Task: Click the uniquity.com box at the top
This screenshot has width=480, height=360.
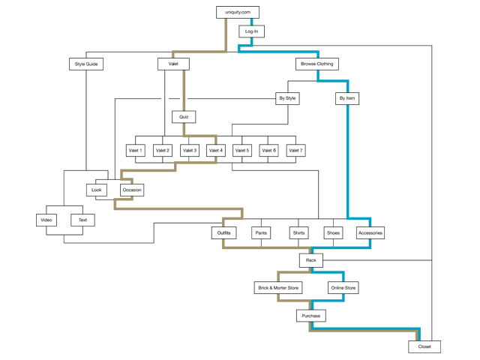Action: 238,12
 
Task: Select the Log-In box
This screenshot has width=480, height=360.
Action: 251,31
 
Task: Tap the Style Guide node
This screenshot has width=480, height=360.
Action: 86,64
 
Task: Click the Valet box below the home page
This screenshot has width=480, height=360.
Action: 173,64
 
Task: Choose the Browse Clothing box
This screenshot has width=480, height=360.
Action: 317,64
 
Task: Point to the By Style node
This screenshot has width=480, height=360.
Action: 287,98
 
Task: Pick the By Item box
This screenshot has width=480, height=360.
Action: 346,98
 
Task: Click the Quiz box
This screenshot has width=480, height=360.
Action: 184,117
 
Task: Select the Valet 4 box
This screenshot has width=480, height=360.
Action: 216,151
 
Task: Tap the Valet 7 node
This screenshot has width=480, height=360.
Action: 296,151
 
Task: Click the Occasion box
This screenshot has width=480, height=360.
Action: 131,190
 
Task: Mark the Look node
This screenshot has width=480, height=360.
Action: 97,190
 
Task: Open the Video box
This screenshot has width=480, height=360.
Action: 46,220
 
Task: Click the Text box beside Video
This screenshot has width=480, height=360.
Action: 82,220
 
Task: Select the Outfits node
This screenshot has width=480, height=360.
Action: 223,233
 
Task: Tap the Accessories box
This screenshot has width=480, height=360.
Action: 370,233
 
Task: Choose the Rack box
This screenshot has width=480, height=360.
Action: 310,260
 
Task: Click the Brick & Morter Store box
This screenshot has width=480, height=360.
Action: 277,287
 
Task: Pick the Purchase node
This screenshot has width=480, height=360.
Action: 310,316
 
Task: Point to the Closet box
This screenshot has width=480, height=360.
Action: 424,346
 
